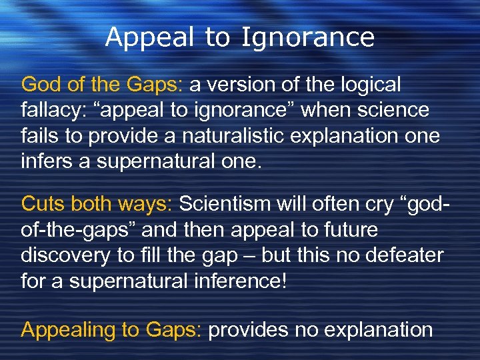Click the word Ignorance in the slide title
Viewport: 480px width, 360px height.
307,37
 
